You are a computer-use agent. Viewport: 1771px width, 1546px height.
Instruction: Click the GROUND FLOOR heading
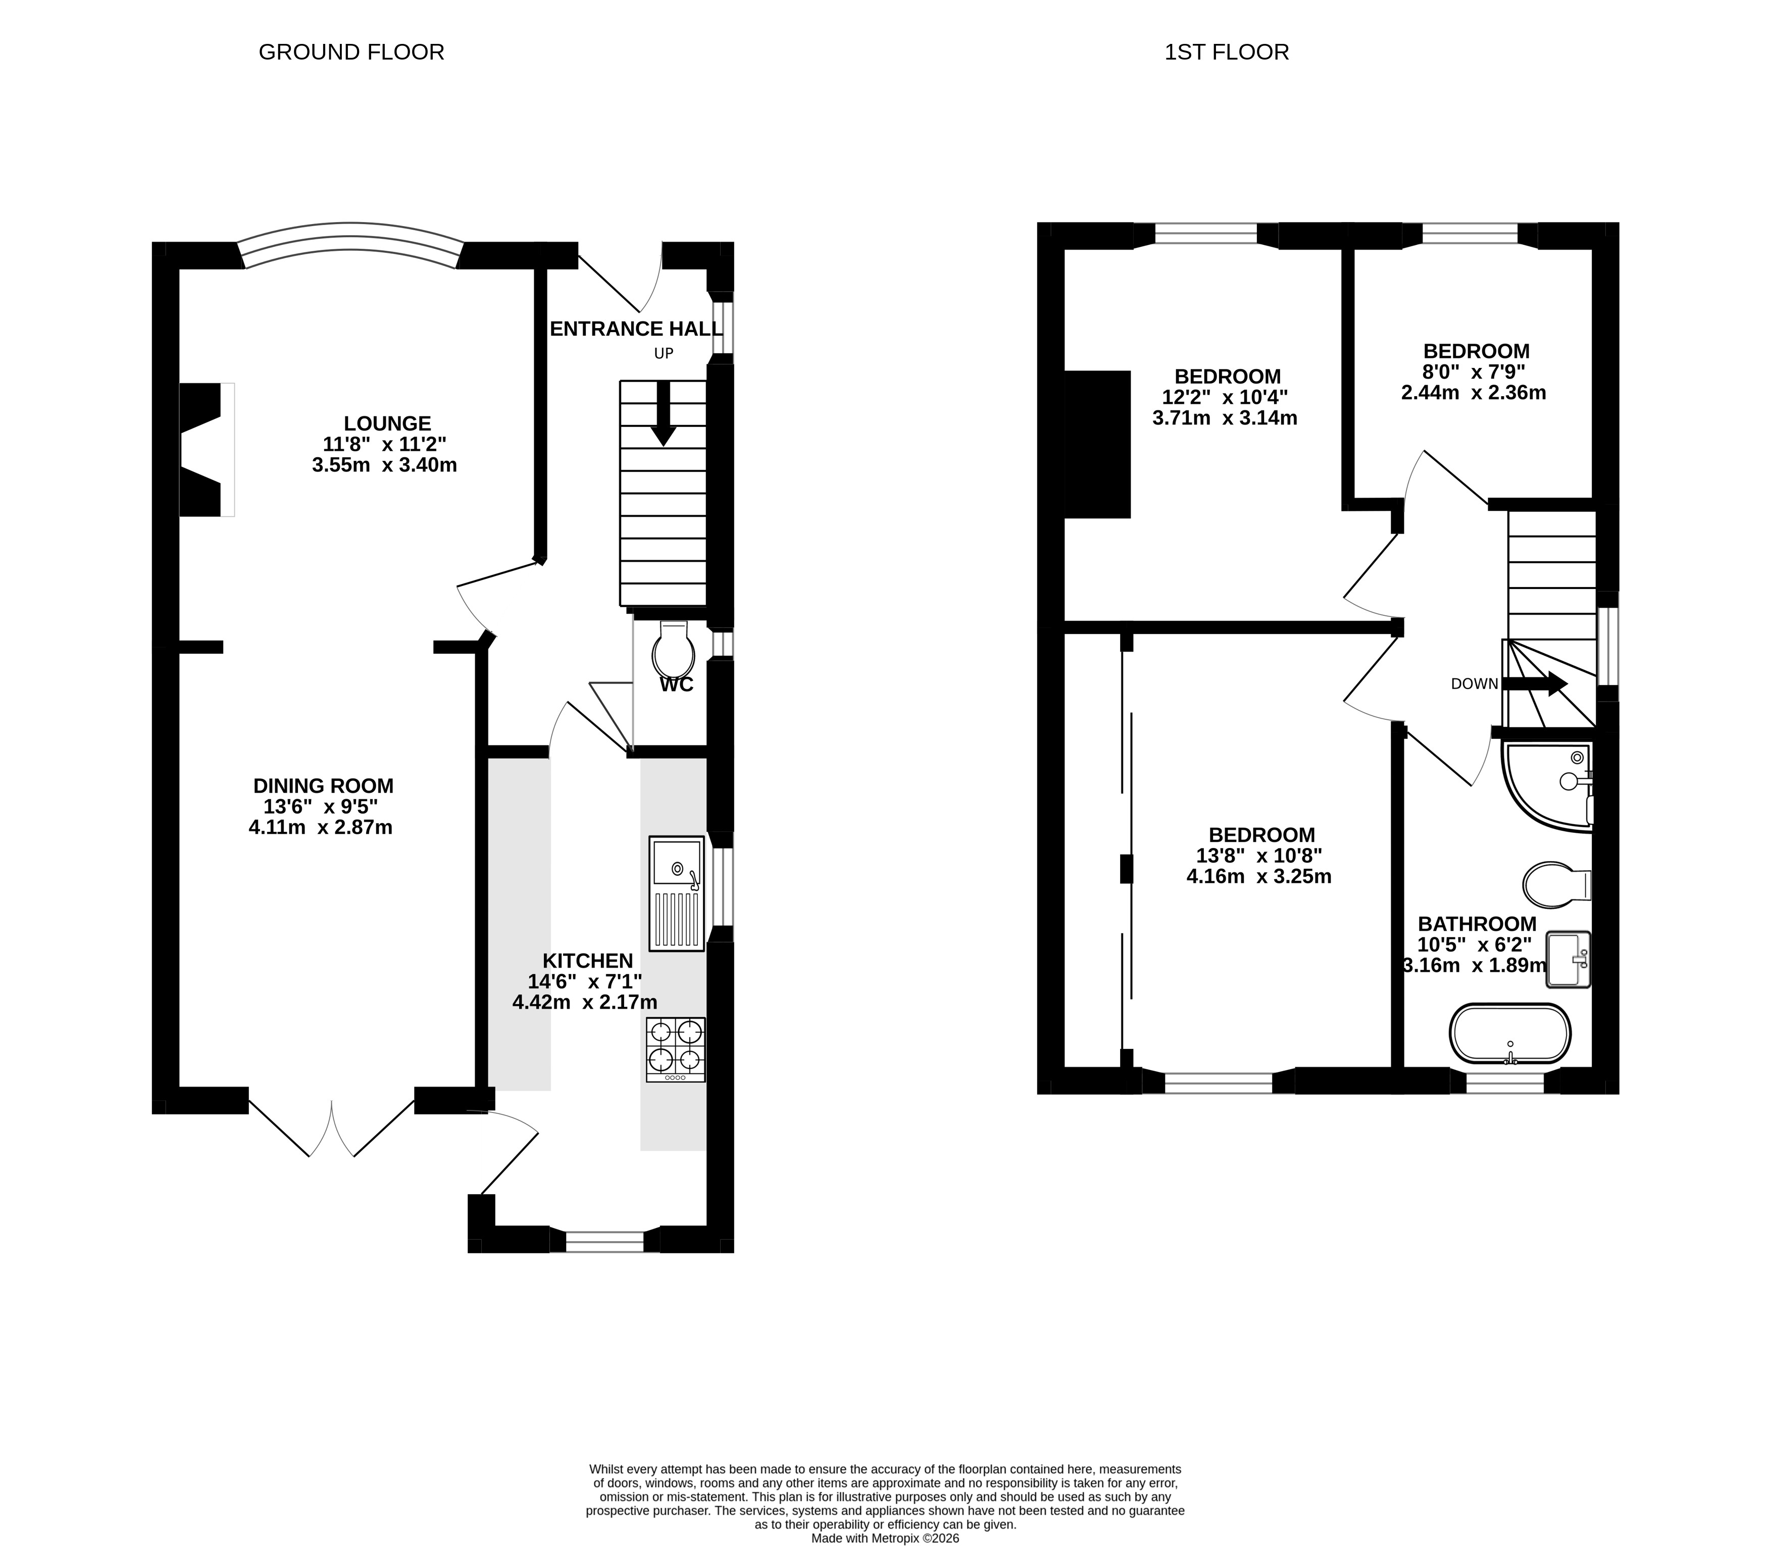point(351,52)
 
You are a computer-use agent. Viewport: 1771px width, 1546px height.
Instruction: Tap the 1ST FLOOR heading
point(1227,52)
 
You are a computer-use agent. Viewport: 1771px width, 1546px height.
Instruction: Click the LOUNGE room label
point(387,423)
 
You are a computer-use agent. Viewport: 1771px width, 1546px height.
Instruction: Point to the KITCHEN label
point(588,960)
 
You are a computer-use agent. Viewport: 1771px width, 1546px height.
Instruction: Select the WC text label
point(677,685)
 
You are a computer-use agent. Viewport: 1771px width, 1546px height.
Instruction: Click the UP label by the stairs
point(664,353)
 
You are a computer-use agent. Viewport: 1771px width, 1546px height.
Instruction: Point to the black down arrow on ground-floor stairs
point(663,413)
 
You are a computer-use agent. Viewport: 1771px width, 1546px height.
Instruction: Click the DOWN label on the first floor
point(1474,684)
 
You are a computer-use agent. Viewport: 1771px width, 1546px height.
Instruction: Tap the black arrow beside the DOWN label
point(1535,684)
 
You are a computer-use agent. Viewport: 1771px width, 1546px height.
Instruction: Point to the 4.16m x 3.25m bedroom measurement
point(1259,877)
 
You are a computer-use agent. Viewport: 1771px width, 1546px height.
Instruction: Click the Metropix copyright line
point(886,1537)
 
